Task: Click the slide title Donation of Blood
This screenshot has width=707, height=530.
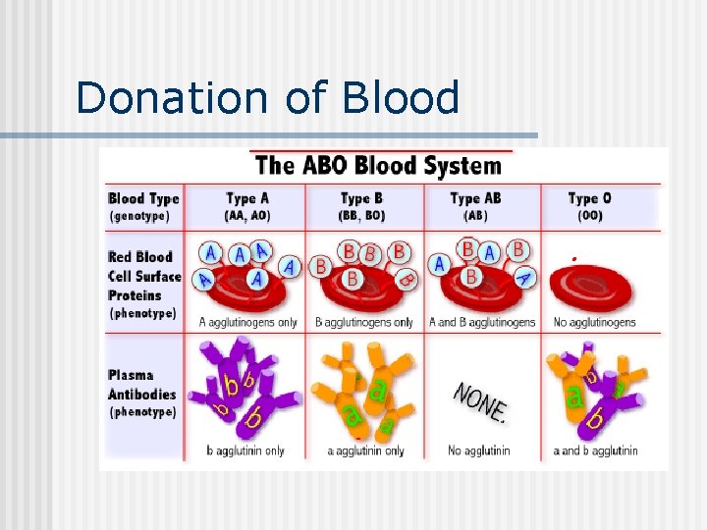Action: pos(267,98)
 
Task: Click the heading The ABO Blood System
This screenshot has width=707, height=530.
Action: pos(376,165)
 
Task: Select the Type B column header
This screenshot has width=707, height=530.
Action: pos(362,198)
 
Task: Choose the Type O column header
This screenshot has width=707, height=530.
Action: pos(589,198)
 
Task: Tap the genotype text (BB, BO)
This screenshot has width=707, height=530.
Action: pos(362,215)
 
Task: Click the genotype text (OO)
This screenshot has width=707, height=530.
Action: pos(589,215)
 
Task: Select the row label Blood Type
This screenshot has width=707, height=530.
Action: pos(143,198)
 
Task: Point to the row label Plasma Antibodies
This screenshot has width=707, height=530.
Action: pos(142,385)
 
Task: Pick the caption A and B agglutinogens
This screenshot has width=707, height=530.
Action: pos(482,322)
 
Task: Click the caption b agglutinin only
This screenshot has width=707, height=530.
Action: pos(245,450)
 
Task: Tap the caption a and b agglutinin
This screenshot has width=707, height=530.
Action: pos(593,450)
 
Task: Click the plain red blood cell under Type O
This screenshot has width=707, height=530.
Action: pos(590,288)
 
